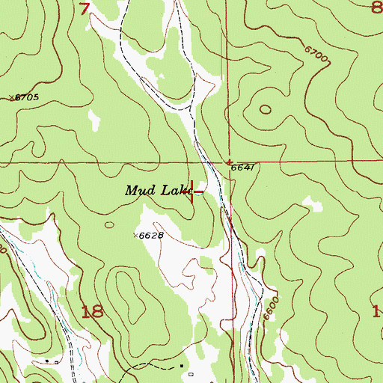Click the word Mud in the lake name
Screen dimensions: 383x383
click(138, 191)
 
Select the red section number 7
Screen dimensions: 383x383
click(86, 9)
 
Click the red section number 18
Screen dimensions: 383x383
click(92, 313)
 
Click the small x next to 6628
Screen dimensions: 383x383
click(136, 235)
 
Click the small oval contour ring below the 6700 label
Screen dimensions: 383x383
click(266, 109)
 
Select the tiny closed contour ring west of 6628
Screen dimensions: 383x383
click(110, 224)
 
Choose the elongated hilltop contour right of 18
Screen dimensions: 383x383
click(134, 295)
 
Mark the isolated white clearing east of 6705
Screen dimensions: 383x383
click(94, 117)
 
